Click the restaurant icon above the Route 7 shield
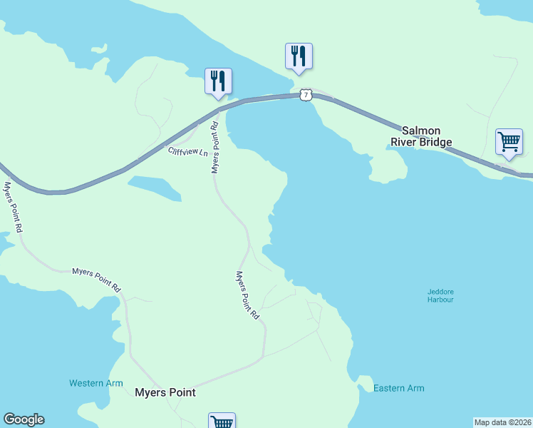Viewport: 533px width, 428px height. (x=299, y=56)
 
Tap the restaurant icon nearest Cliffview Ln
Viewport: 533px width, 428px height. (x=218, y=81)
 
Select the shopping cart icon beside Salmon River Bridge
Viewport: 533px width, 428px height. (x=509, y=141)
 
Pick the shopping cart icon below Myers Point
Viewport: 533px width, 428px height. (x=222, y=422)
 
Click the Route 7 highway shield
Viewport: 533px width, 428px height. (x=306, y=95)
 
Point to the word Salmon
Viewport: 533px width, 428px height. (x=421, y=131)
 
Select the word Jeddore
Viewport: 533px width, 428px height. (x=440, y=291)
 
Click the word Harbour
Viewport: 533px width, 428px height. (x=440, y=300)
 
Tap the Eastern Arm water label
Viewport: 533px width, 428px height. (x=399, y=388)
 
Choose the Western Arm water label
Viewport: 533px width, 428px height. (x=96, y=383)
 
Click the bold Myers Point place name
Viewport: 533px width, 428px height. (x=165, y=392)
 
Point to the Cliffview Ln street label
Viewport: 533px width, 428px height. (x=187, y=152)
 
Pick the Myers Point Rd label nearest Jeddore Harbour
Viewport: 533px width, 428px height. (x=247, y=294)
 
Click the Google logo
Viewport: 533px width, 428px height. (x=24, y=419)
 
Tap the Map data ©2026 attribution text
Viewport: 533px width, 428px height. (x=502, y=422)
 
